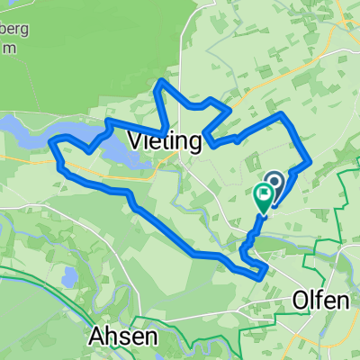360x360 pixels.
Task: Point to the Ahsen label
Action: (124, 337)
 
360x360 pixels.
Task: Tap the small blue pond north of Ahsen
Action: (68, 276)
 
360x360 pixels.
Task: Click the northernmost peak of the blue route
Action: (161, 83)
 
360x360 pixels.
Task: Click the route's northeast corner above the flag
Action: (283, 114)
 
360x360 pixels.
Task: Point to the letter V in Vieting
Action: (137, 140)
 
